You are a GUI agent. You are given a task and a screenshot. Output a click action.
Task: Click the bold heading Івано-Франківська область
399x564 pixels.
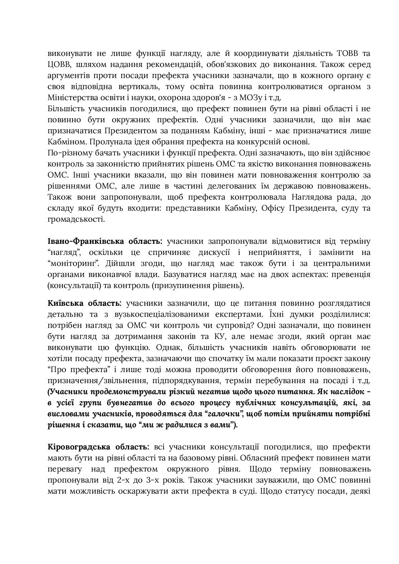point(104,241)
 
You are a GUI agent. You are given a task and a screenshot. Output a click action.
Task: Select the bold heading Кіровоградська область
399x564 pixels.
point(98,447)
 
